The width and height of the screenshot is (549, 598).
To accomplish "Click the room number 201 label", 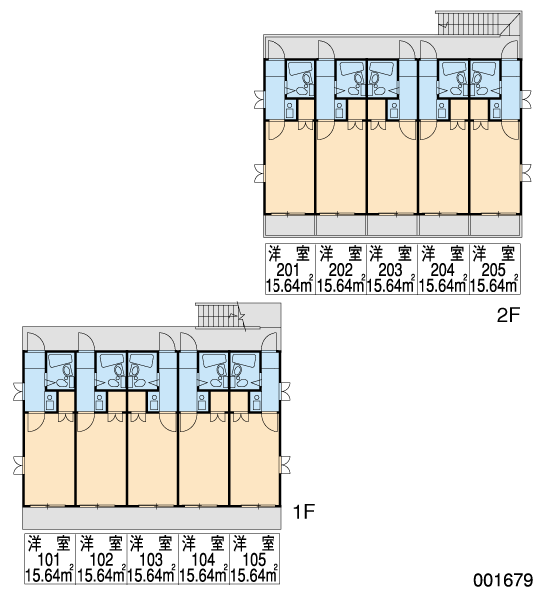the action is (288, 270).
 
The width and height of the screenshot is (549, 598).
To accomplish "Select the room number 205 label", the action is (494, 270).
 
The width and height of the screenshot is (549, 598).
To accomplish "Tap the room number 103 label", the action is (151, 560).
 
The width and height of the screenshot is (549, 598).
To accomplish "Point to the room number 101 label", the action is (49, 560).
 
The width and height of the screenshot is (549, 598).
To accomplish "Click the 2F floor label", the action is (508, 315).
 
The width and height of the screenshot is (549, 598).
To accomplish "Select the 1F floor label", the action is (303, 512).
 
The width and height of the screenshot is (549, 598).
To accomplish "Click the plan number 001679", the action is (503, 580).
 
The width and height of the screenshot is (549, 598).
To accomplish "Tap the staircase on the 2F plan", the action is (473, 23).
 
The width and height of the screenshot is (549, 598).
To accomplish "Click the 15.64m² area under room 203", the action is (391, 285).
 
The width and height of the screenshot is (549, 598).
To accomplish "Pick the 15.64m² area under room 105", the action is (255, 575).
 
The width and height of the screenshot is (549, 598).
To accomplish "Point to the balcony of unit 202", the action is (341, 226).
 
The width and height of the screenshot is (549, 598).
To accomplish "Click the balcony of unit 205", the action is (495, 226).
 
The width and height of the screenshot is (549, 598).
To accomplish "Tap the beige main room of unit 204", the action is (444, 171).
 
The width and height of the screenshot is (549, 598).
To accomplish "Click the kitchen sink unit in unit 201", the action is (290, 110).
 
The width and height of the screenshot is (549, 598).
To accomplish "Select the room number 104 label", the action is (203, 560).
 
